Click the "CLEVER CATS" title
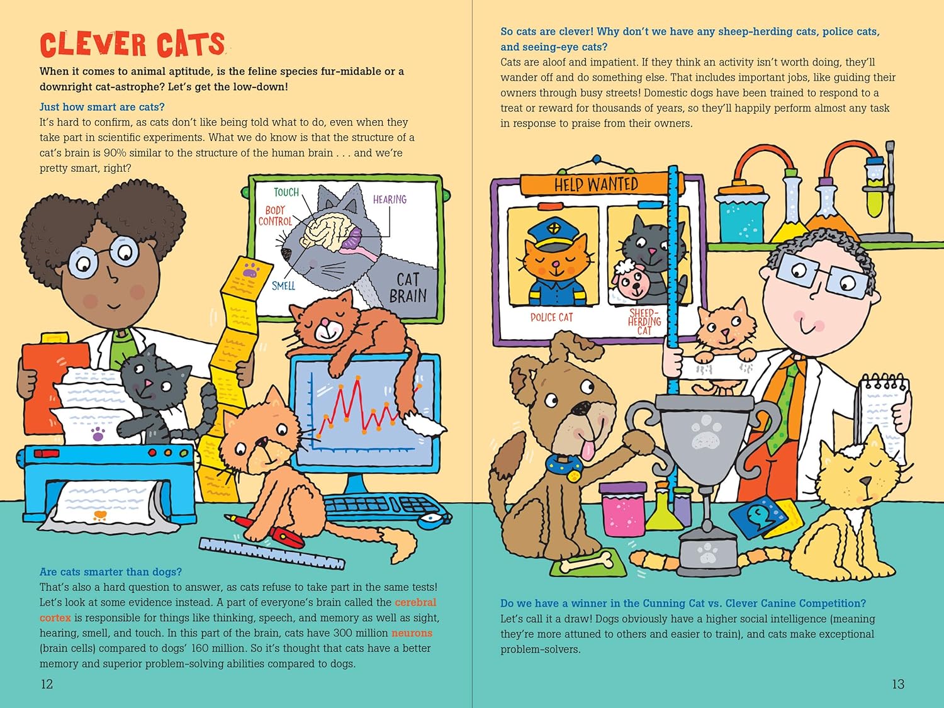pos(132,44)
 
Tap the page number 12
pos(47,683)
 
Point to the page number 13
pos(898,683)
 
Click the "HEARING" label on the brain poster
pos(390,199)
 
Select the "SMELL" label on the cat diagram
pos(283,286)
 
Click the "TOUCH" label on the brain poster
pos(286,192)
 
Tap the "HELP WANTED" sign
pos(596,184)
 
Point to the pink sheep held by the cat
pos(629,281)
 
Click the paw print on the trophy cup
pos(705,430)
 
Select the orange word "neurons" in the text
pos(412,632)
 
